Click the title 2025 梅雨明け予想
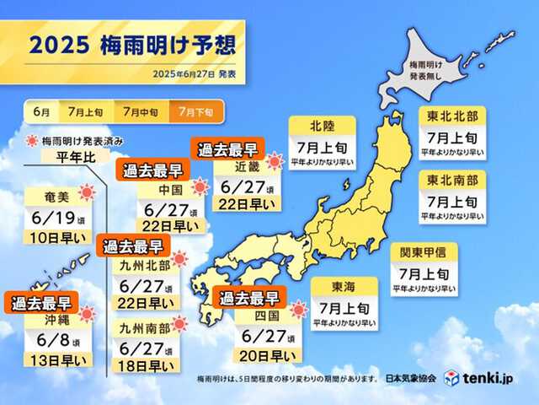(131, 45)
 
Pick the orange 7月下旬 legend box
(191, 111)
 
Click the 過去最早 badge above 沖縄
(40, 303)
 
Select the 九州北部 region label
(132, 265)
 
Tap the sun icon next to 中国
(200, 187)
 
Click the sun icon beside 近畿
(275, 160)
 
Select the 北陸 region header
(321, 127)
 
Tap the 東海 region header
(344, 285)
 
